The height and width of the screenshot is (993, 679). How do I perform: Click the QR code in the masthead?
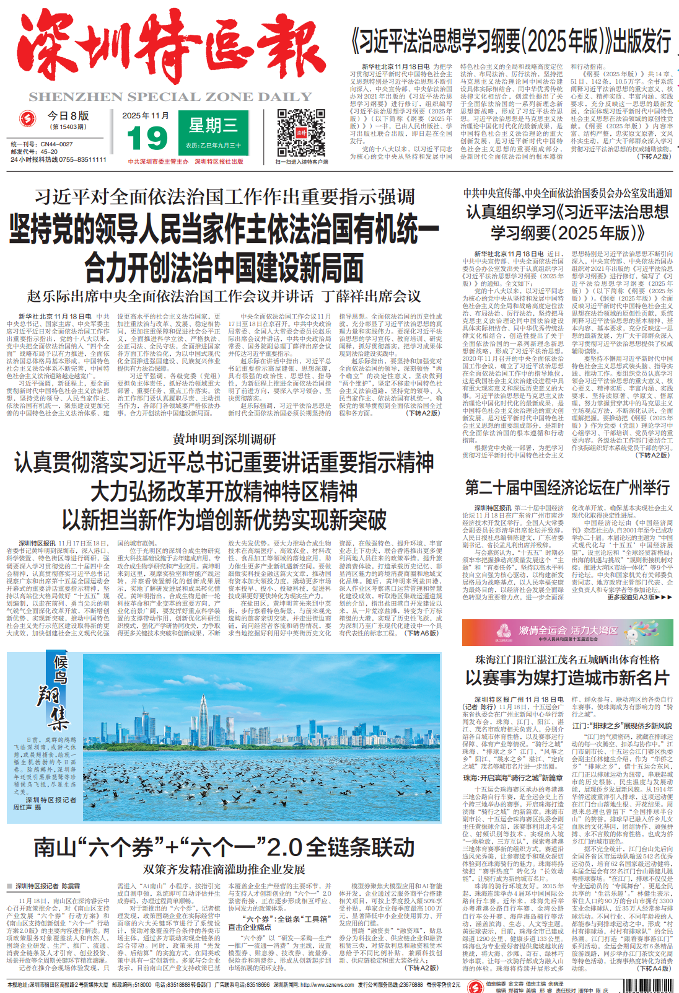point(300,133)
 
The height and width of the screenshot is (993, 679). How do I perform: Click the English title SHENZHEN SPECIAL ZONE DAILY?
point(170,97)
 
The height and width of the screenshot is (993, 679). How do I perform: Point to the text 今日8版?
point(68,116)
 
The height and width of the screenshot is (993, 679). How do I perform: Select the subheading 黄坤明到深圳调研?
point(224,439)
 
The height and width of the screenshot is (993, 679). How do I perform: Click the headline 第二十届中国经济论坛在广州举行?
point(567,487)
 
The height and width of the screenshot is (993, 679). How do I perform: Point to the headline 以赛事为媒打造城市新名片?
point(567,677)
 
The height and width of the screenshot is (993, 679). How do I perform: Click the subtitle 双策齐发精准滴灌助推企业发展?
point(224,869)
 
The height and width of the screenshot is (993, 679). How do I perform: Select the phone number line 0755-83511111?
point(59,160)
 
